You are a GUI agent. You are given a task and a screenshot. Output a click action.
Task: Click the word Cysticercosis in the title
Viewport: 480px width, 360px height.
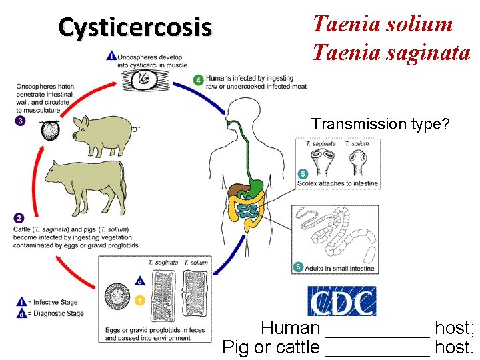(135, 27)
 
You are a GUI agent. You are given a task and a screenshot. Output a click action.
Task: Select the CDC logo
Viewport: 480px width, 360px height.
(341, 301)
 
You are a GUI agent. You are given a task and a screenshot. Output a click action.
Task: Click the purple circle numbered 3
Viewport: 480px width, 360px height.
(20, 121)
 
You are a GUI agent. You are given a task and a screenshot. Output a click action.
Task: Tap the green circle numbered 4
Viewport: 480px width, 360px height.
(199, 79)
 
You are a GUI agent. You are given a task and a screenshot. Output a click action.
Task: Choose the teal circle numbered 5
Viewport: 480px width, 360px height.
(303, 173)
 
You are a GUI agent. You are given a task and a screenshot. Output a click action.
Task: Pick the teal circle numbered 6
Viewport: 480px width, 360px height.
(298, 267)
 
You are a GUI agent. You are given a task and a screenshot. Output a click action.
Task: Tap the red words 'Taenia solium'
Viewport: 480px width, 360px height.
(383, 25)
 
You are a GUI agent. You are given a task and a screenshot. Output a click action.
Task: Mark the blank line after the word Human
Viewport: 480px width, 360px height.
(377, 329)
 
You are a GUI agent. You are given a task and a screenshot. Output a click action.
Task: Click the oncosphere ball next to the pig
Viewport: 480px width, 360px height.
(51, 130)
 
